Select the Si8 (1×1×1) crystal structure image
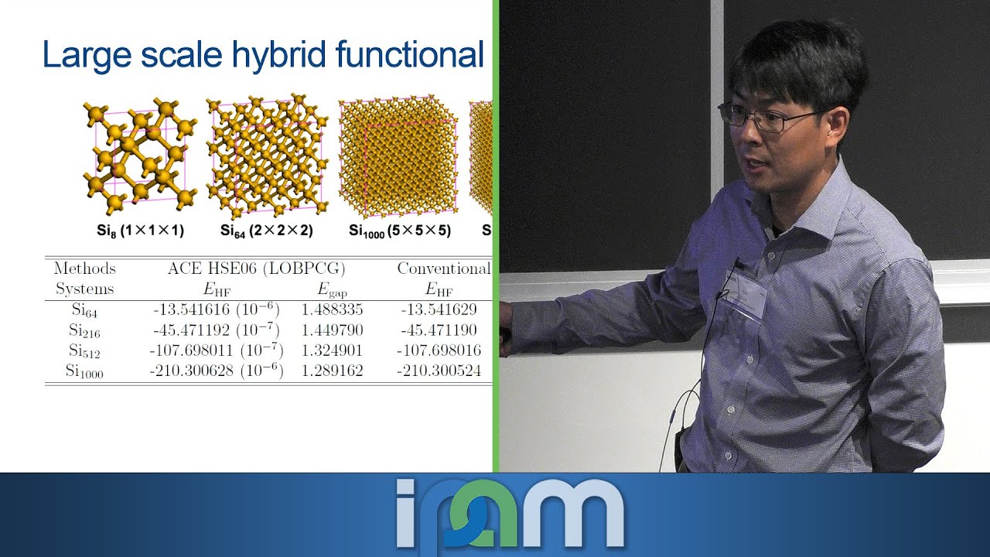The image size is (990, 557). coord(139,155)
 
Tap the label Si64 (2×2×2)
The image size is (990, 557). coord(266,231)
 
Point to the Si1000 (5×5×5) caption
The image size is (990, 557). coord(399,231)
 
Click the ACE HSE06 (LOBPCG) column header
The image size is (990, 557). coord(256,268)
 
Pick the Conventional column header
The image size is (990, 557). coord(444,268)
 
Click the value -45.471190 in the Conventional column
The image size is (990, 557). coord(439,330)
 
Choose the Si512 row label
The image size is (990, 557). coord(84,351)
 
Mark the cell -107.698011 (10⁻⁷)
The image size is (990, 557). coord(216,350)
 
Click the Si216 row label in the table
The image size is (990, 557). coord(84,331)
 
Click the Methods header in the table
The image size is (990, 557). coord(84,268)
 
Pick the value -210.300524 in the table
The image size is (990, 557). coord(439,371)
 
